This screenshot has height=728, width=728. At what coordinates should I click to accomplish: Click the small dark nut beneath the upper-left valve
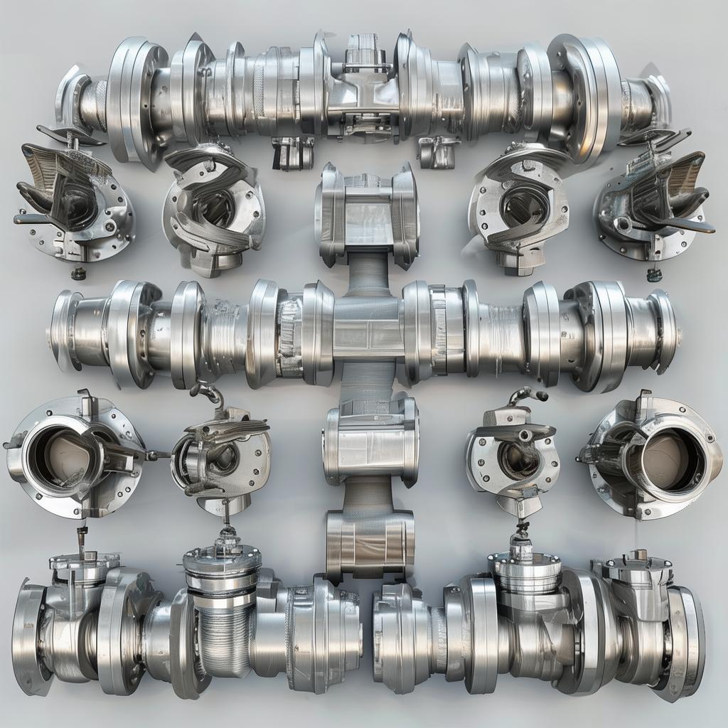[x=78, y=274]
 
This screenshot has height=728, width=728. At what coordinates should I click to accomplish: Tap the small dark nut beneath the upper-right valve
[x=654, y=274]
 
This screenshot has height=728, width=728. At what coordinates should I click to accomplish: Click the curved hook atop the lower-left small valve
[x=206, y=391]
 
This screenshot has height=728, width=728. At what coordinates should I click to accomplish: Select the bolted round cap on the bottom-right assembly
[x=524, y=569]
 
